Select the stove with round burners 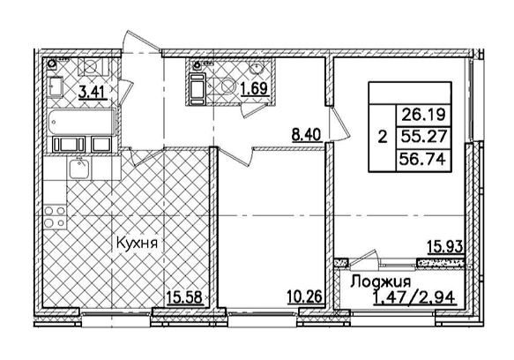[x=55, y=213]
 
